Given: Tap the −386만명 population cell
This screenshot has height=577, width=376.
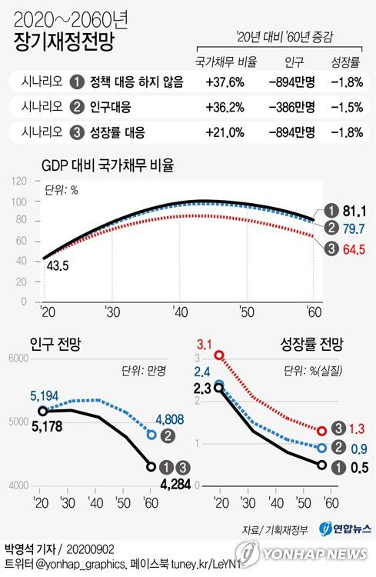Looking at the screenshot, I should [290, 106].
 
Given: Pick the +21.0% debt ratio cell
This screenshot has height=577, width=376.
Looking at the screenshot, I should [225, 132].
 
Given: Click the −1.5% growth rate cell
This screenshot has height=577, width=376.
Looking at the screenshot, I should [345, 106].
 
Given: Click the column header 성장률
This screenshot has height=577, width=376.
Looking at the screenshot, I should [345, 61].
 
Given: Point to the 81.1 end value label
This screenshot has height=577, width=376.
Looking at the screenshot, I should [352, 210].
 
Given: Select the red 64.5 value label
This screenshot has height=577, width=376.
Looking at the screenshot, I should [352, 248].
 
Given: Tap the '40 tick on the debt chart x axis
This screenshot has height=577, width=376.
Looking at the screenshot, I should [180, 311].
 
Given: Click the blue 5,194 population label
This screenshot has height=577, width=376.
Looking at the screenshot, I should [45, 395].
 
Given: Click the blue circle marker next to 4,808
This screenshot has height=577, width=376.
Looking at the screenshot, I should [151, 435].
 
